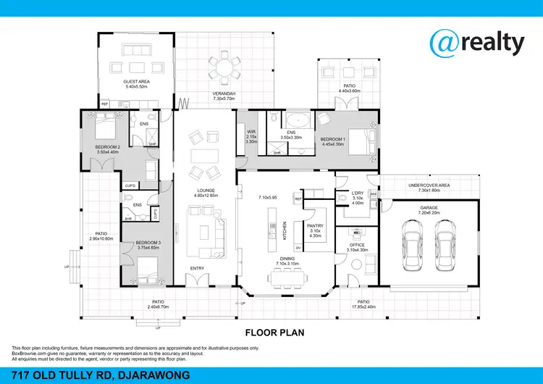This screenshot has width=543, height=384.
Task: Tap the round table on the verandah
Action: pyautogui.click(x=225, y=70)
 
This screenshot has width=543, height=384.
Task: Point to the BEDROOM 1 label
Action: pyautogui.click(x=334, y=140)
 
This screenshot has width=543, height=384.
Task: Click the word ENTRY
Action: pyautogui.click(x=197, y=269)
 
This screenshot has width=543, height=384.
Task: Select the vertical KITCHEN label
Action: pyautogui.click(x=285, y=231)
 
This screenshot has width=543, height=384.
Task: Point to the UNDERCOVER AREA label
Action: pyautogui.click(x=429, y=186)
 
